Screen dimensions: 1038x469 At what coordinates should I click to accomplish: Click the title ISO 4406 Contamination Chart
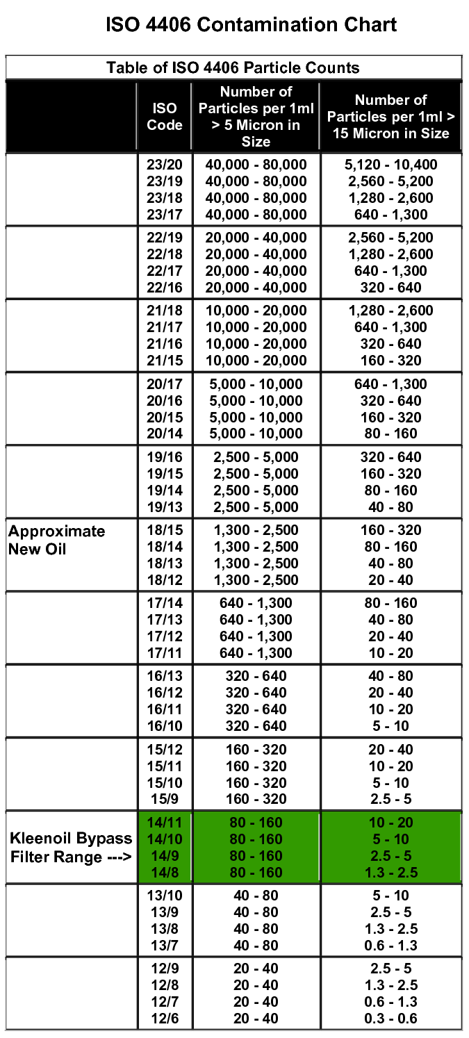(251, 25)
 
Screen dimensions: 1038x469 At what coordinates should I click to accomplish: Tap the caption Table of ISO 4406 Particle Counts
(233, 68)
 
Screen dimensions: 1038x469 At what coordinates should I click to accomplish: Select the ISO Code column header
(165, 117)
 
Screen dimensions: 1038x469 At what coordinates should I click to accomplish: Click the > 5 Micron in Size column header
(256, 117)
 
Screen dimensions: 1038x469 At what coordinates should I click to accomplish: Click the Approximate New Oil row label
(57, 540)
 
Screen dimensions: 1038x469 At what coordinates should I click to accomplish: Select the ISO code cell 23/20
(165, 165)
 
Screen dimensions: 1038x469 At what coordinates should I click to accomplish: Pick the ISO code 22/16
(165, 288)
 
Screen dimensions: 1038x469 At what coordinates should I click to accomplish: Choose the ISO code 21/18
(165, 311)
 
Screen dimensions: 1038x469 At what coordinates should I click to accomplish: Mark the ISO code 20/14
(165, 434)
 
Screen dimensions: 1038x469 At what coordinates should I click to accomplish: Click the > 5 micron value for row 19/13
(256, 507)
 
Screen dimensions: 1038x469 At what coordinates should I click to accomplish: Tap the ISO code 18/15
(165, 530)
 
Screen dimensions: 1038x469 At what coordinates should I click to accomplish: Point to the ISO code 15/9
(165, 799)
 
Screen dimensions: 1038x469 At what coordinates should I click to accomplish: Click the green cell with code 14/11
(165, 823)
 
